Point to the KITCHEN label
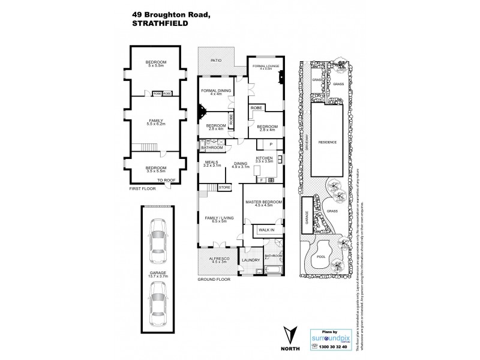click(x=265, y=159)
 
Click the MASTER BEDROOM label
click(x=263, y=202)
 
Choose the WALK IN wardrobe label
click(x=266, y=230)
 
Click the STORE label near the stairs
click(x=224, y=188)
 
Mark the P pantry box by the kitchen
click(x=271, y=145)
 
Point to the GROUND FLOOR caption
click(x=215, y=280)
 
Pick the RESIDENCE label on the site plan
click(x=328, y=142)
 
